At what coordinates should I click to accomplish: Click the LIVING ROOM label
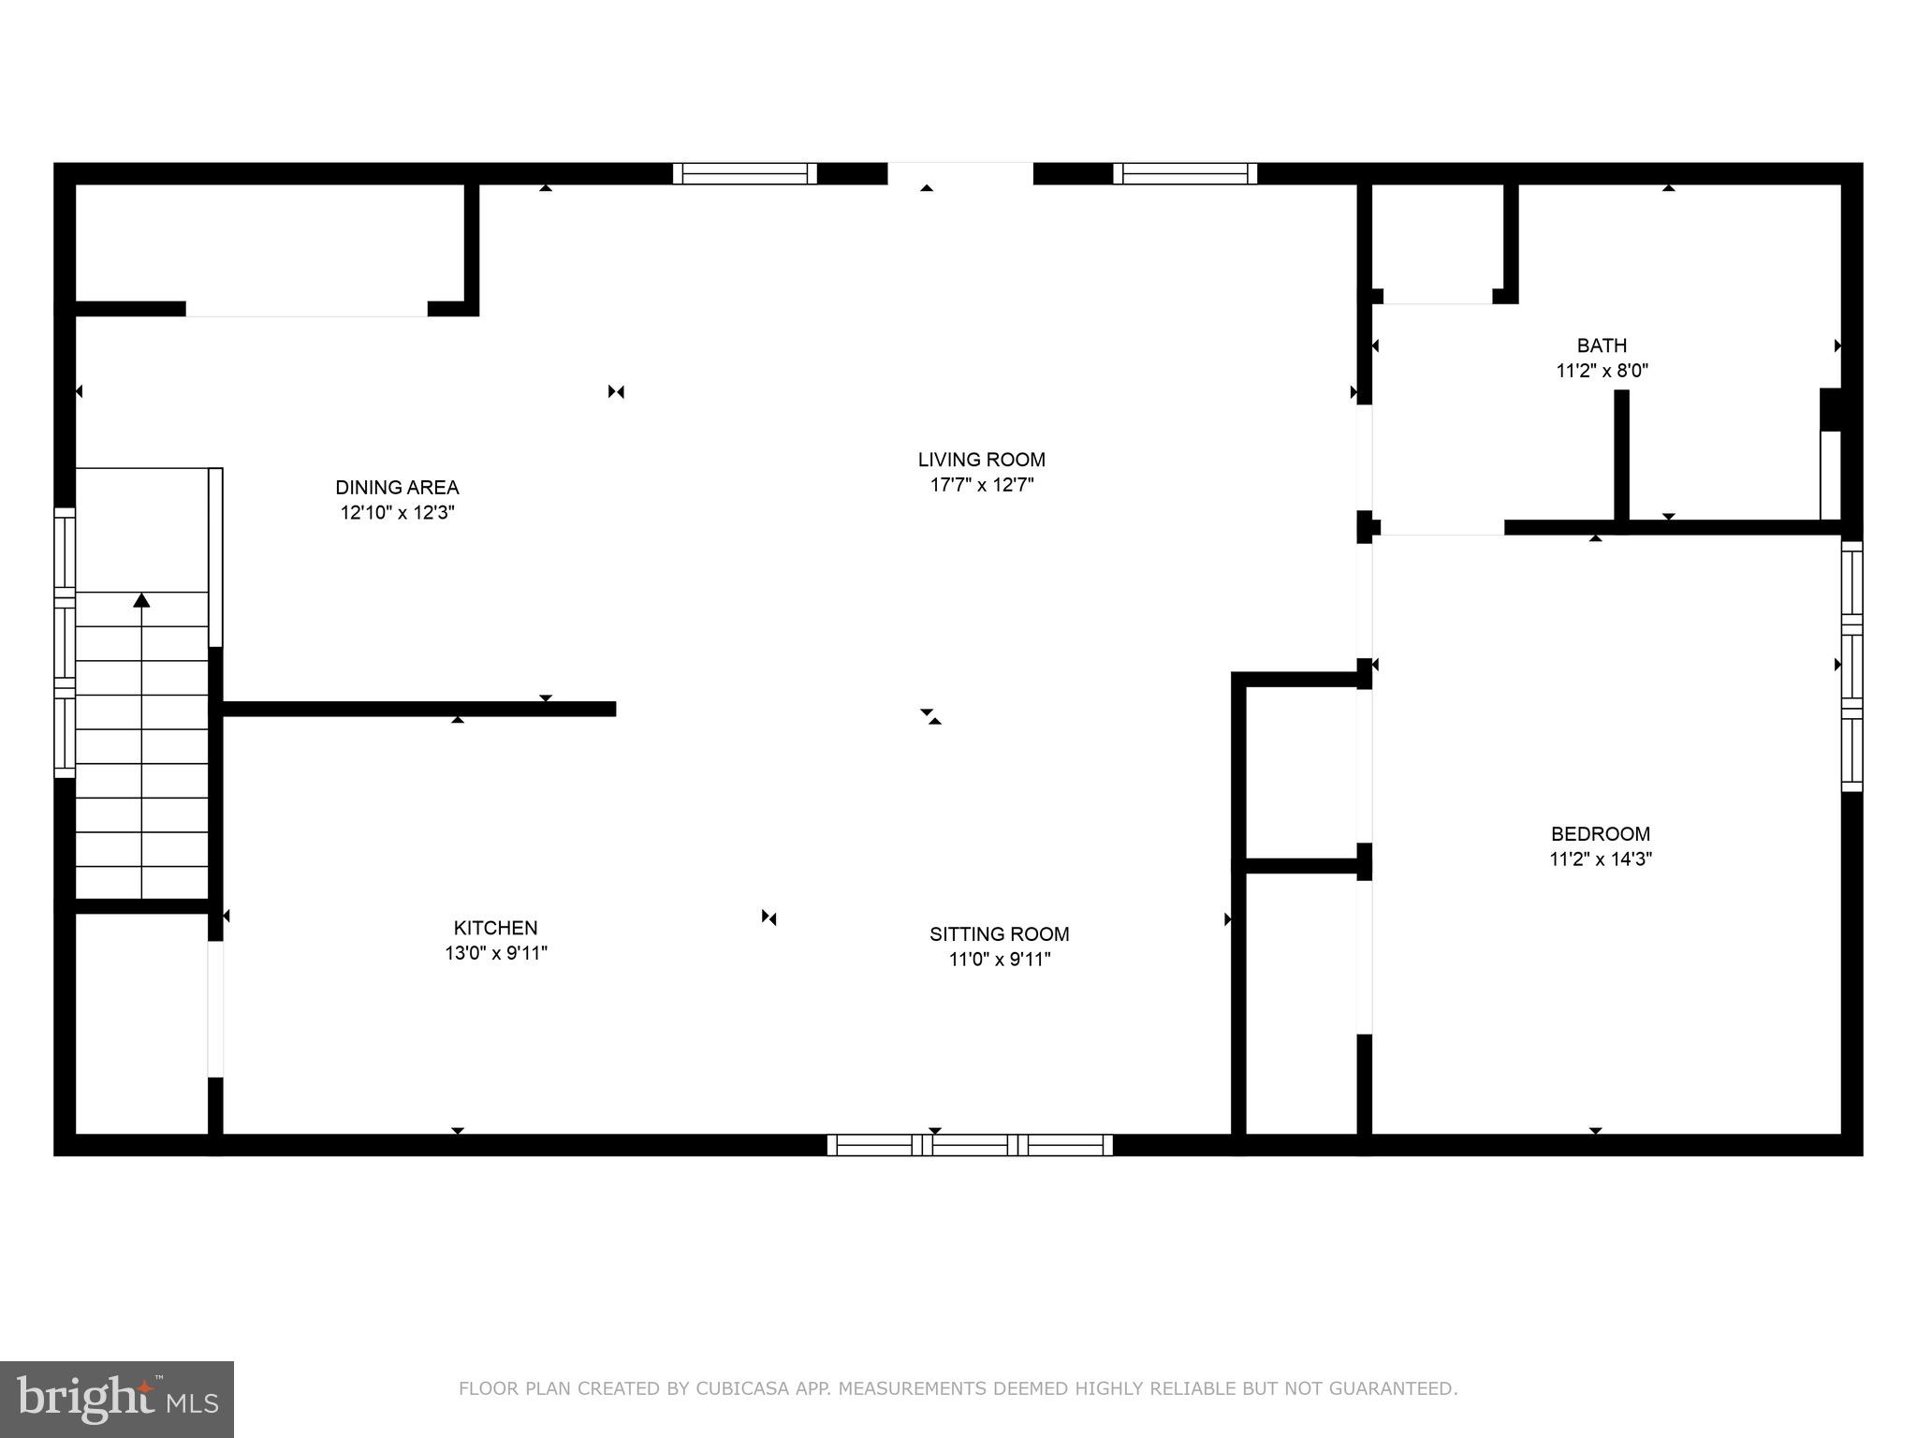coord(981,460)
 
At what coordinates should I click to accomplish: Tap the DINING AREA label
coord(397,487)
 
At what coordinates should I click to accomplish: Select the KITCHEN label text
coord(495,928)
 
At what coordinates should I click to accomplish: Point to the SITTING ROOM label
coord(999,933)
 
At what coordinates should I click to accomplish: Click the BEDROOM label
coord(1600,833)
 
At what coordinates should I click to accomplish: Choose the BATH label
coord(1602,345)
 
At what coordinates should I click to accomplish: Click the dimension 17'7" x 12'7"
coord(981,485)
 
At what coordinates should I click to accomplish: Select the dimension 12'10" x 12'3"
coord(397,513)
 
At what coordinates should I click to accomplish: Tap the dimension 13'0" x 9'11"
coord(495,953)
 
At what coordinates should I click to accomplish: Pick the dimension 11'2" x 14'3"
coord(1600,858)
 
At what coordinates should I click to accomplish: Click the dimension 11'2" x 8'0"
coord(1602,371)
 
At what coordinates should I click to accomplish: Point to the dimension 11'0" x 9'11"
coord(999,959)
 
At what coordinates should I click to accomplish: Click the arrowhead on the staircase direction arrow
coord(141,600)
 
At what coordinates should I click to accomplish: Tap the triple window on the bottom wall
coord(970,1144)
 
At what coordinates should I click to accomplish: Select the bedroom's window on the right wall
coord(1851,666)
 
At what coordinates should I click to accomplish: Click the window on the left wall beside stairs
coord(64,642)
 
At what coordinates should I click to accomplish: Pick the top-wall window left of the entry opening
coord(745,173)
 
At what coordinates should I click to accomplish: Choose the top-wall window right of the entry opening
coord(1184,173)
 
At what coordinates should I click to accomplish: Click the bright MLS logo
coord(117,1399)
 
